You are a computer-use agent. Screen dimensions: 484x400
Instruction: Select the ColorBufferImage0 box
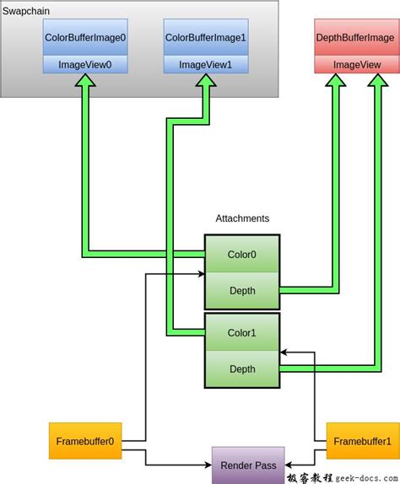click(x=86, y=38)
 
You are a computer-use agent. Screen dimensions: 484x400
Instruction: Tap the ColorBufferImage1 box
click(x=204, y=38)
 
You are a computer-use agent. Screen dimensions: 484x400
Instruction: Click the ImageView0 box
click(x=86, y=64)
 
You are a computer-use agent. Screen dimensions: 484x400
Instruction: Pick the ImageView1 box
click(x=204, y=64)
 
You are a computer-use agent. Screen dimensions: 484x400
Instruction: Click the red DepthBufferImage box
click(x=354, y=38)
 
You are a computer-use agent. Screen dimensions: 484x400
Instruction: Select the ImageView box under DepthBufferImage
click(x=354, y=64)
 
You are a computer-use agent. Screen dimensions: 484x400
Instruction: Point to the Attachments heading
click(x=242, y=218)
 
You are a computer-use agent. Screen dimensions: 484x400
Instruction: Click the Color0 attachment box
click(x=242, y=254)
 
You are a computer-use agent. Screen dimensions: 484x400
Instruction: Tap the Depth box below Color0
click(x=242, y=291)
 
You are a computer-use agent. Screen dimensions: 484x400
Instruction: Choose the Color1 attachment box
click(x=242, y=332)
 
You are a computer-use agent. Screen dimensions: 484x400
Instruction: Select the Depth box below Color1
click(x=242, y=368)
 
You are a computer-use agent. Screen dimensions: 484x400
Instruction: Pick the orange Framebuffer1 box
click(x=360, y=440)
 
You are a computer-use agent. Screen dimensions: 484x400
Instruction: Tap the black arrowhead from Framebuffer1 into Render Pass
click(x=287, y=465)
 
